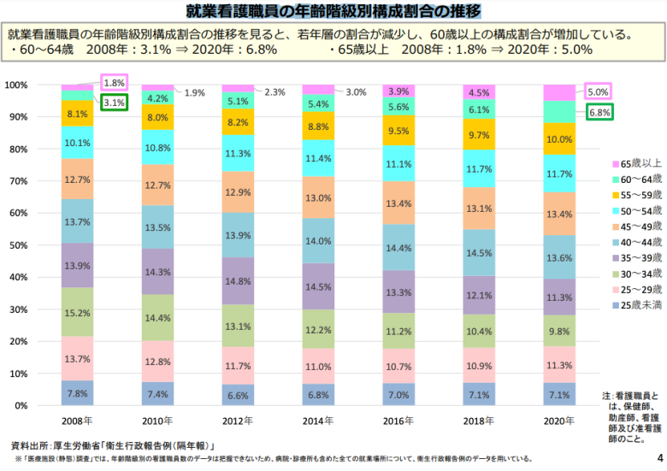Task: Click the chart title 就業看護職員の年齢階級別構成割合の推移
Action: (333, 11)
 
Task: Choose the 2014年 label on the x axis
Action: (318, 421)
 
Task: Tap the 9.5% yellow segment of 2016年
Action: (398, 131)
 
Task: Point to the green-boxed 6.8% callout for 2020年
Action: (599, 112)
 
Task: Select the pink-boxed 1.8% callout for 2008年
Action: (114, 83)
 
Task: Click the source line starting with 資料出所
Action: (111, 445)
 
